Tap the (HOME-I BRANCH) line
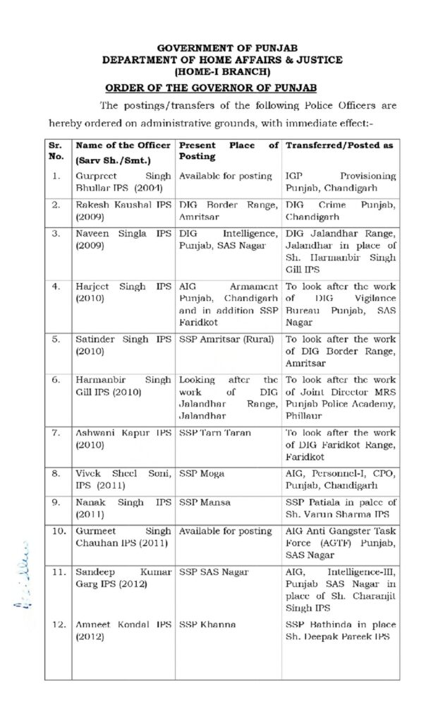pos(222,71)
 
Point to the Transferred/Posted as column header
pos(339,145)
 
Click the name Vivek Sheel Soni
pos(113,470)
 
